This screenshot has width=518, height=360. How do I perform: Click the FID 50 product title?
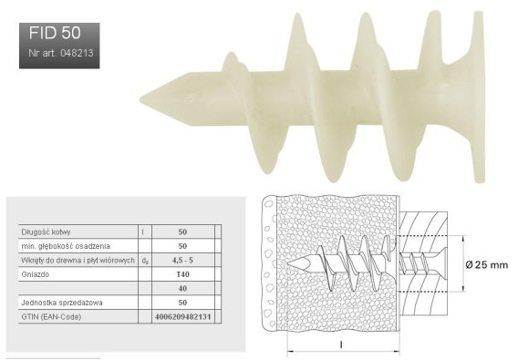click(x=55, y=33)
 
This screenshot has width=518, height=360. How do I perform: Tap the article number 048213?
click(x=77, y=53)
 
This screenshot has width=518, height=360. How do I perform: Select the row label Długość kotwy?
click(x=46, y=231)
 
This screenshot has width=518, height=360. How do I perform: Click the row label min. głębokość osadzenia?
click(x=66, y=246)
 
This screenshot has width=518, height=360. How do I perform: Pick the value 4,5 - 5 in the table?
click(x=182, y=261)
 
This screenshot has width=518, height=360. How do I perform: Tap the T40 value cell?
click(x=182, y=274)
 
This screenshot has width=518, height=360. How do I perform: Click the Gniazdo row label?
click(x=35, y=274)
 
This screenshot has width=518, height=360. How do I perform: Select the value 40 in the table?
click(x=182, y=288)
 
